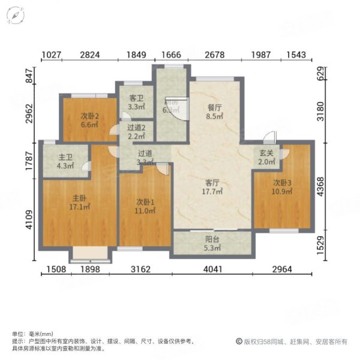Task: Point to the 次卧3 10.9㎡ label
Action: (x=282, y=187)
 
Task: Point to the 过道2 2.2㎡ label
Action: (x=137, y=131)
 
